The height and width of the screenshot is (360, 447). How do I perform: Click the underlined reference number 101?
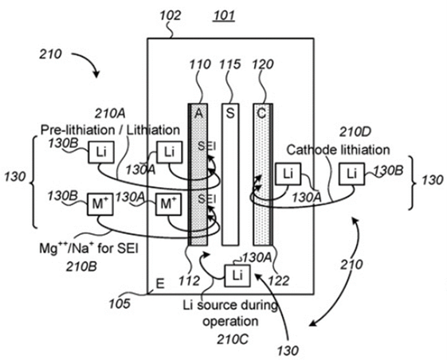pyautogui.click(x=225, y=15)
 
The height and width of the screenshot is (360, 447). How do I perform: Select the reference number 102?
pyautogui.click(x=171, y=15)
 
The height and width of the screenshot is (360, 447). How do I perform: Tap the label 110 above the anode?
pyautogui.click(x=200, y=65)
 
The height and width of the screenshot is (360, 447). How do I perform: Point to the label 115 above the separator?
pyautogui.click(x=229, y=65)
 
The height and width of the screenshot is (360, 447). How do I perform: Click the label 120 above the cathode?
pyautogui.click(x=263, y=65)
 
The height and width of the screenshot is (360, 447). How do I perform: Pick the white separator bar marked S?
pyautogui.click(x=230, y=174)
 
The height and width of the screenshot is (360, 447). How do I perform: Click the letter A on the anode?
pyautogui.click(x=198, y=113)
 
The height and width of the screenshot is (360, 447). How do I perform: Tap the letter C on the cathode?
pyautogui.click(x=261, y=113)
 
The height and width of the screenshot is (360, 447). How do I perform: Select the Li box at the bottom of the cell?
pyautogui.click(x=237, y=276)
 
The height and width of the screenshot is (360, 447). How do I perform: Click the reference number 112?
pyautogui.click(x=190, y=281)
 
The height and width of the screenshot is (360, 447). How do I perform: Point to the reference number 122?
pyautogui.click(x=279, y=281)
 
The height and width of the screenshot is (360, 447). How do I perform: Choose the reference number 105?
pyautogui.click(x=120, y=303)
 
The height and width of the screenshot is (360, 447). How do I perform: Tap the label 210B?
pyautogui.click(x=81, y=267)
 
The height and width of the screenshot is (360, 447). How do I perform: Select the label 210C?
pyautogui.click(x=233, y=339)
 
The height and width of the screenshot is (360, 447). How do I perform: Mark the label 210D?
pyautogui.click(x=355, y=131)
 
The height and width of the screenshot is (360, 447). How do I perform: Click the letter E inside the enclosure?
pyautogui.click(x=160, y=284)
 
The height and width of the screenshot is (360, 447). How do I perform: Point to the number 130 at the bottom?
pyautogui.click(x=288, y=350)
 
